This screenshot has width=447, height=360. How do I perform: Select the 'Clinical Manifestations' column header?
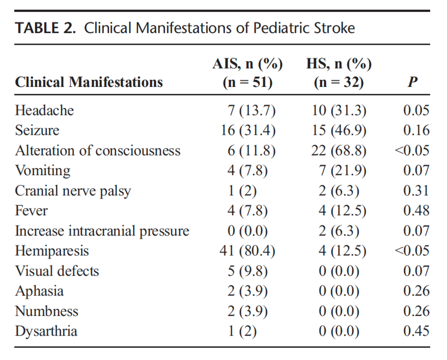(x=89, y=82)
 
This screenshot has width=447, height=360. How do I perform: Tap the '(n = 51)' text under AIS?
(x=247, y=82)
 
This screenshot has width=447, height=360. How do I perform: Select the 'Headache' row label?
(x=44, y=111)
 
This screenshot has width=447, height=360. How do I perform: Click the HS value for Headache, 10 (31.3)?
(x=339, y=111)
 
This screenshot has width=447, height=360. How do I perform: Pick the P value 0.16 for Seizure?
(x=416, y=131)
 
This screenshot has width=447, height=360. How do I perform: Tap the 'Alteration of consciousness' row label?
(x=97, y=151)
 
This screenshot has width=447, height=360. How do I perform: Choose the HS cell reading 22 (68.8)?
(x=339, y=151)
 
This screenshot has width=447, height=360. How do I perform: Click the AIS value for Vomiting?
(x=247, y=171)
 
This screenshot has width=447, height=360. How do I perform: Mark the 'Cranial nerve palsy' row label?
(x=73, y=191)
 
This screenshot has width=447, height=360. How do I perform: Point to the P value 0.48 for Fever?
(x=416, y=211)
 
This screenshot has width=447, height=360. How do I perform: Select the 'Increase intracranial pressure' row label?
(x=102, y=231)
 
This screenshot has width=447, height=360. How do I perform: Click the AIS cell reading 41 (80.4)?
(x=247, y=251)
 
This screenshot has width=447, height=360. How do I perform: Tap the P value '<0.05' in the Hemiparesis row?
(x=412, y=251)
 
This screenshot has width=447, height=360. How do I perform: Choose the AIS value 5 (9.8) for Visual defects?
(x=247, y=271)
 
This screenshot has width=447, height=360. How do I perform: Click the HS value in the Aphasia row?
(x=339, y=291)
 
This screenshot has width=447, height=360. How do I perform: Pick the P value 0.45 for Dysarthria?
(x=416, y=331)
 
